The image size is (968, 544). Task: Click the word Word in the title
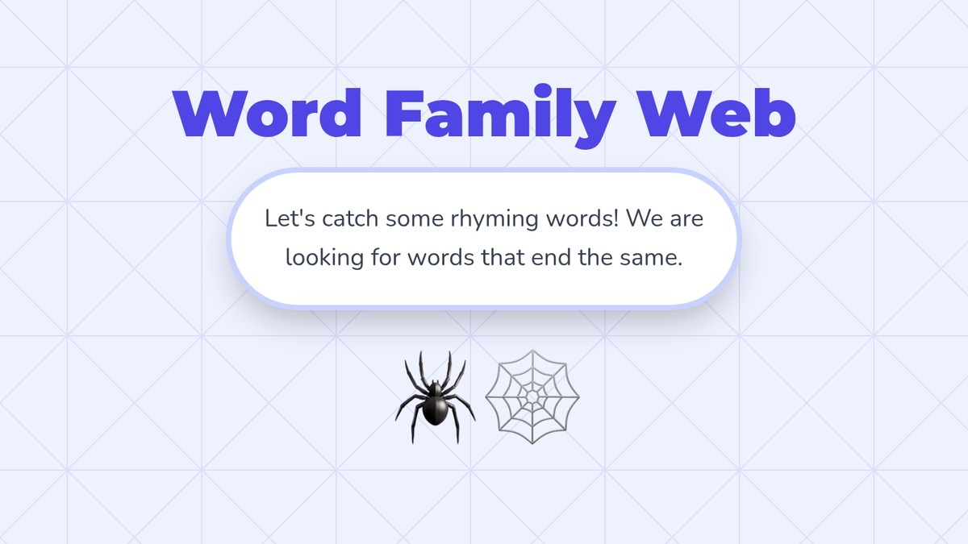(267, 113)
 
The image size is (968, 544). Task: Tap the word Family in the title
(500, 116)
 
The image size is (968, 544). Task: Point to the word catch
(350, 218)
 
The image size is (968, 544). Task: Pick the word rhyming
(494, 220)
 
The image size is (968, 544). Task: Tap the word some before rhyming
(415, 220)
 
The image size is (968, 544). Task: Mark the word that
(503, 257)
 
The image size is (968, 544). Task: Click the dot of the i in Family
(543, 90)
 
